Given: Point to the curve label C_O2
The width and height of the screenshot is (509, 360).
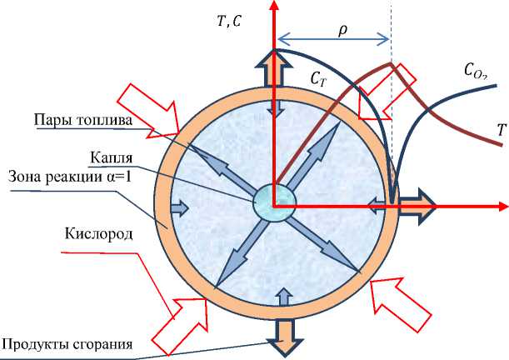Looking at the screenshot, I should click(x=477, y=72).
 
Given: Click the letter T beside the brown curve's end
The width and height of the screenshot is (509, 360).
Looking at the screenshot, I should click(x=501, y=129).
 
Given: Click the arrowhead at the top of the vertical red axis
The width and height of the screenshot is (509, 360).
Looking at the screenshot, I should click(x=274, y=7).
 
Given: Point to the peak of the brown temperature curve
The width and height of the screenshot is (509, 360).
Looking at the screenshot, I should click(x=389, y=64).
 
